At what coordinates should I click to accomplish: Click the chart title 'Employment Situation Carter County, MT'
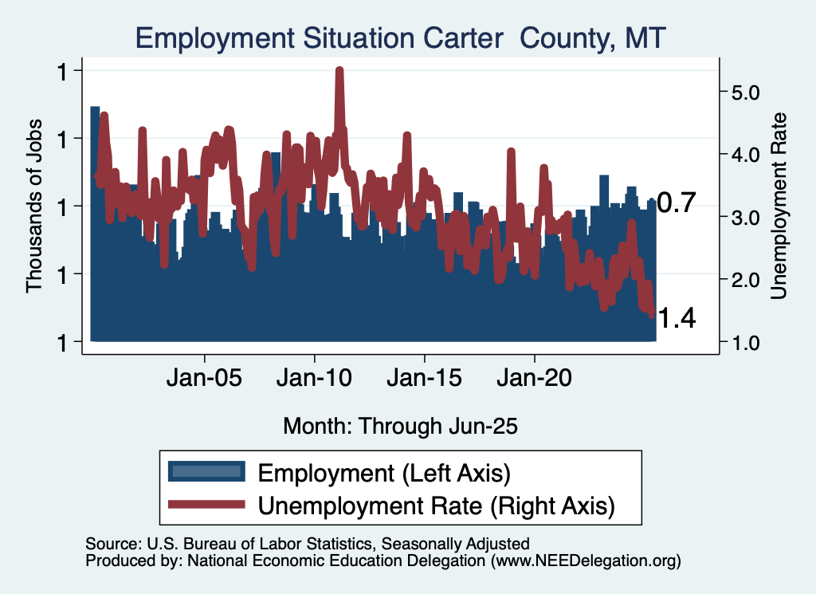point(400,37)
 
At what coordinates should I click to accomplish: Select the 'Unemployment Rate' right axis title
point(779,206)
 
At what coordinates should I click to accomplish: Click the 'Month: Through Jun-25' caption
point(400,426)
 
